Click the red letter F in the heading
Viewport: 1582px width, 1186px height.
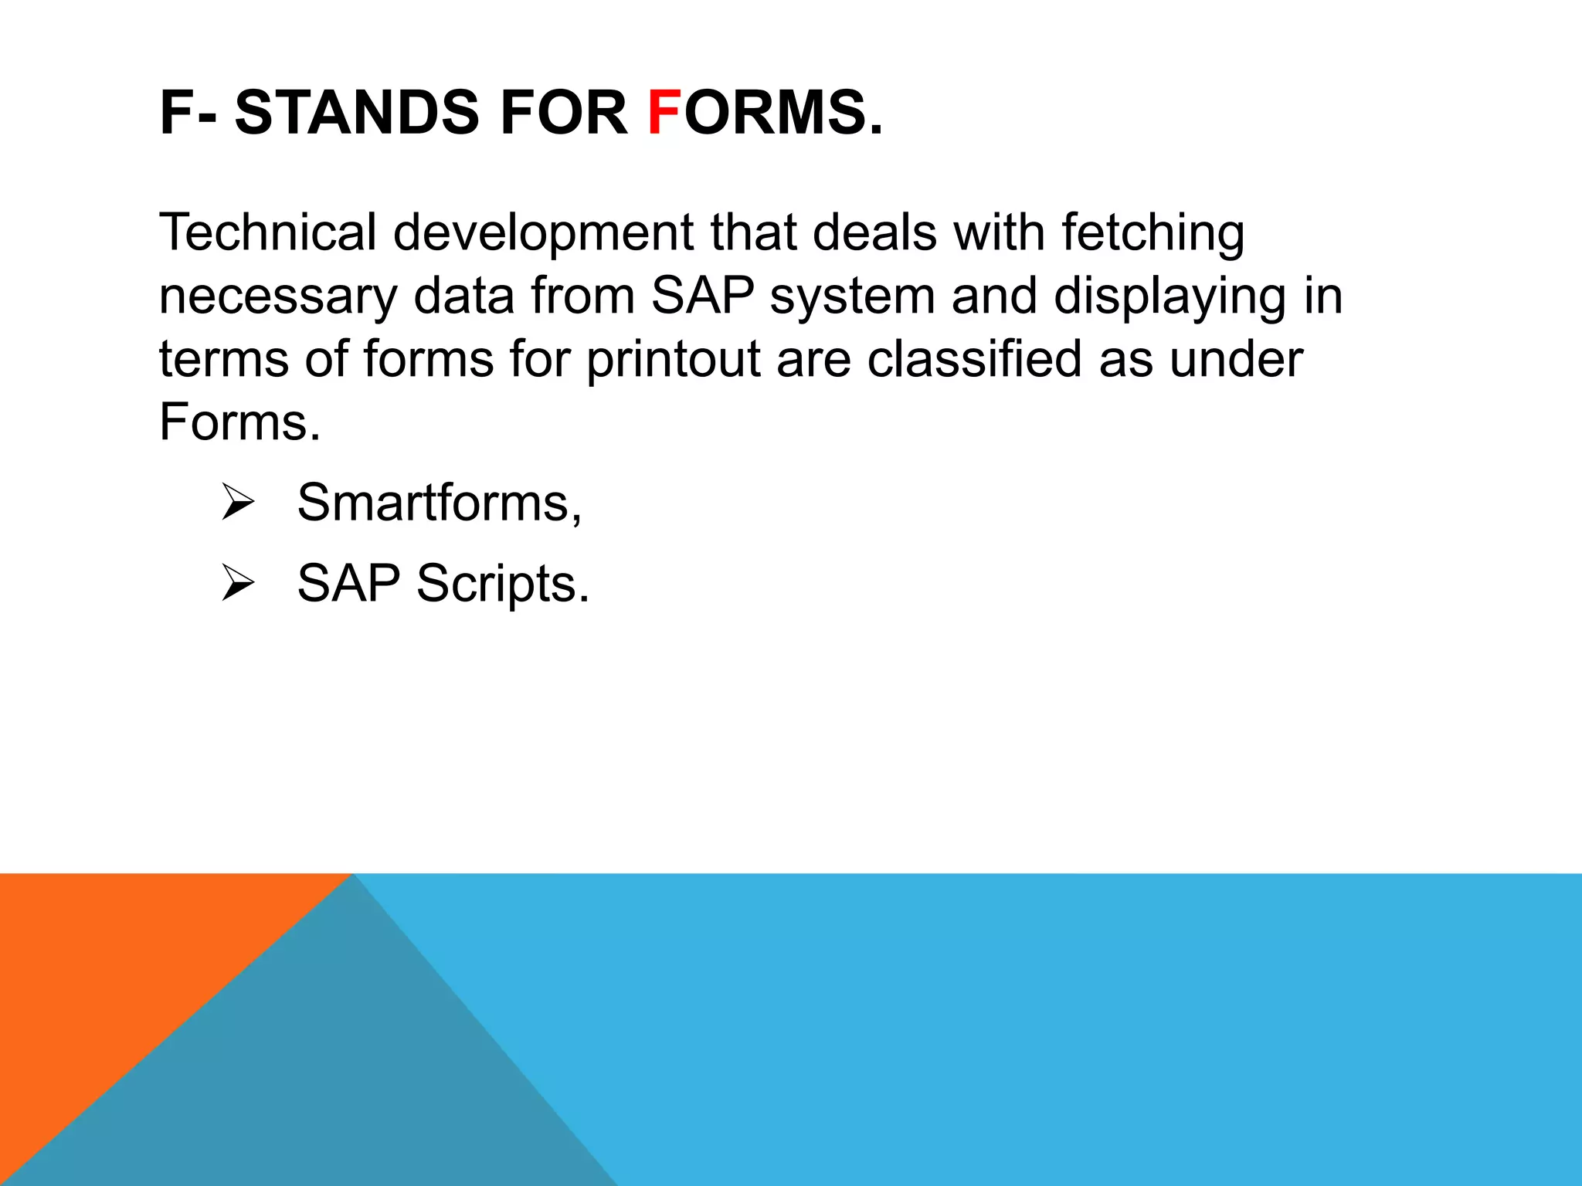(664, 113)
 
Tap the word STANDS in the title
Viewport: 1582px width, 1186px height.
(357, 113)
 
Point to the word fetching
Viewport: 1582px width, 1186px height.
(1153, 233)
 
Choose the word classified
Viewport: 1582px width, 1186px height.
(974, 360)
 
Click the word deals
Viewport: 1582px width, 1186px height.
(874, 232)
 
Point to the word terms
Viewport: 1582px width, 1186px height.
(223, 360)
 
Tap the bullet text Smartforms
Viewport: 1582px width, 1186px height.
(439, 503)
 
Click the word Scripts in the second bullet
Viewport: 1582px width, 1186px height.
(502, 584)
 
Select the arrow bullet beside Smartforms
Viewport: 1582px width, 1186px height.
(237, 502)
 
